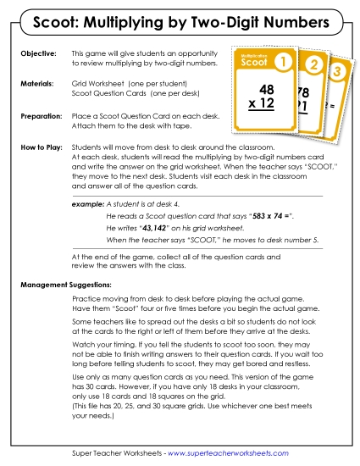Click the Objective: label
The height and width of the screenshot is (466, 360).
point(36,54)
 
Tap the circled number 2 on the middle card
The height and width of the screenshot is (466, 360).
point(313,64)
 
